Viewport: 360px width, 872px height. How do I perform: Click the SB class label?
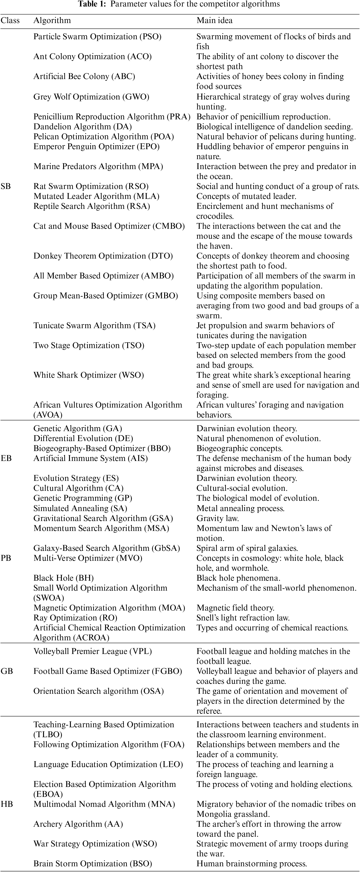[6, 186]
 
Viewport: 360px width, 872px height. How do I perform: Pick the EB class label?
[6, 458]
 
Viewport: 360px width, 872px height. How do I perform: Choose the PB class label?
[6, 558]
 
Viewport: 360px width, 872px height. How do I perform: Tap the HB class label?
[7, 804]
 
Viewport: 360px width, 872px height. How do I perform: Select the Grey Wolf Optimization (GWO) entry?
[91, 97]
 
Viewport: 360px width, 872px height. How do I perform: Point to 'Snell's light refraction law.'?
[243, 618]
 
